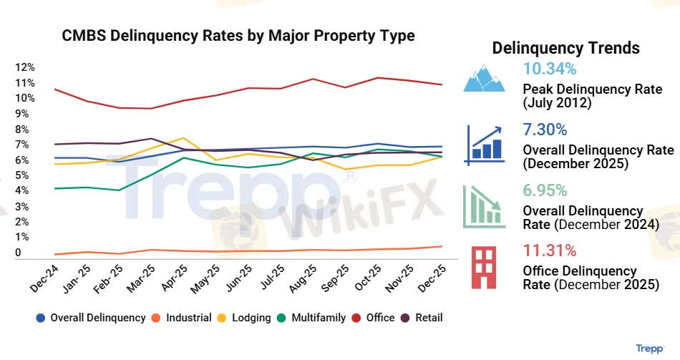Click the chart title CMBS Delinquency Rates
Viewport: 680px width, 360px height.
coord(238,36)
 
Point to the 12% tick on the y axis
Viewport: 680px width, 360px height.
coord(24,67)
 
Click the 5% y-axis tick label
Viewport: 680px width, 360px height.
coord(24,175)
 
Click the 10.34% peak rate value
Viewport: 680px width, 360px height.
coord(550,69)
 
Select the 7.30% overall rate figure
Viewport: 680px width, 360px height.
coord(545,130)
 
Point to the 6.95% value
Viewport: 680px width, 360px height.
coord(545,190)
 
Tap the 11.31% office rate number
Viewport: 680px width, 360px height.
coord(550,250)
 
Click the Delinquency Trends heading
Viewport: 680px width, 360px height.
coord(566,48)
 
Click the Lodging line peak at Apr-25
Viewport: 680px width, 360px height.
coord(184,137)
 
